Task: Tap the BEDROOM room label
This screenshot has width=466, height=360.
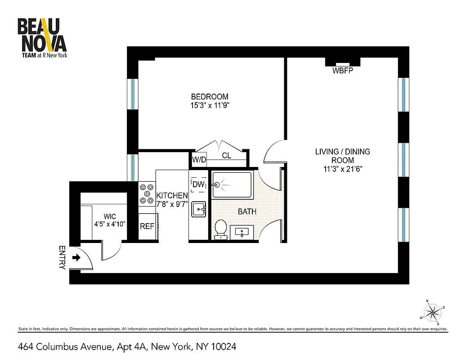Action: pos(209,97)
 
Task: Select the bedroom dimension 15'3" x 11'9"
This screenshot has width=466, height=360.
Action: pos(209,106)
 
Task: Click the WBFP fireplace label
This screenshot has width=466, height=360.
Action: pos(343,71)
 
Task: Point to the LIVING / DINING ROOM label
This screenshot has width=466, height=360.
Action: pos(342,156)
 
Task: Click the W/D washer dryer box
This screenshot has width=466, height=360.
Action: pos(198,159)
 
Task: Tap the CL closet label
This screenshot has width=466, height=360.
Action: pos(227,156)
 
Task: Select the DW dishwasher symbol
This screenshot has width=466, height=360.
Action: pos(198,184)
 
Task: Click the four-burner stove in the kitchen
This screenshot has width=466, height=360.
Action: pos(147,194)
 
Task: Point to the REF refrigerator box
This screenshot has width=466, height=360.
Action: pos(147,226)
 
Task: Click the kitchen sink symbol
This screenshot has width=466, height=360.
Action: pos(199,209)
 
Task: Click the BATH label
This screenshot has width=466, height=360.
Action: pos(247,211)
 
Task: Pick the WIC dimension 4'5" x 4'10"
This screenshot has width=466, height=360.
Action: pos(109,224)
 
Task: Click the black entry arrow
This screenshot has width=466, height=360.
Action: pos(76,258)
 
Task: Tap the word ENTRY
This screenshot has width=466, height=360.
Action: pos(62,258)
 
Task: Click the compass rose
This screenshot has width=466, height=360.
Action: pos(433,311)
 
